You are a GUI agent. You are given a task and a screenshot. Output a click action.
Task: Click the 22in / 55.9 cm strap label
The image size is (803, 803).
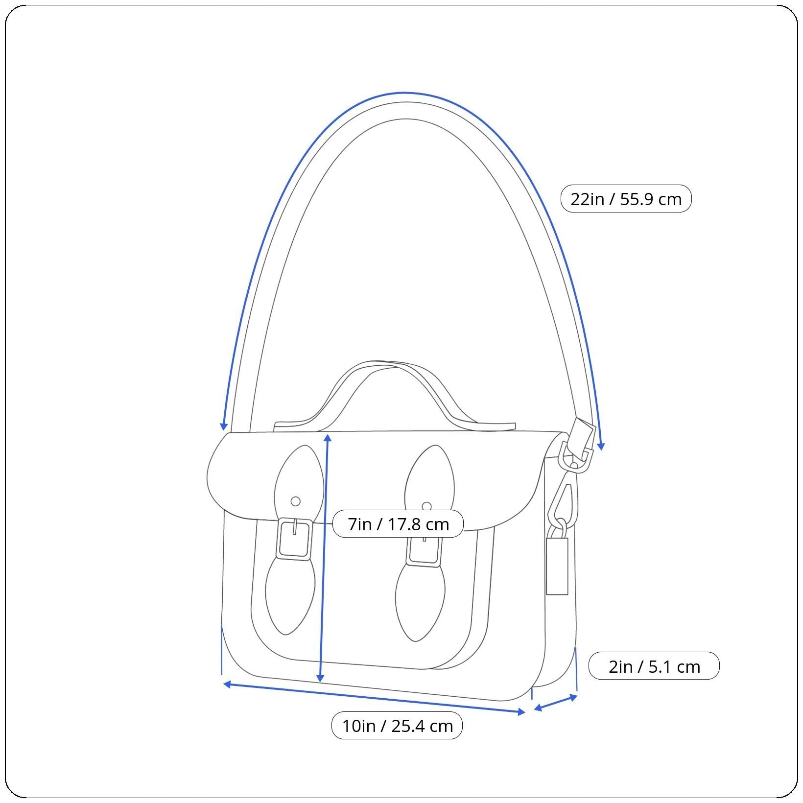point(626,199)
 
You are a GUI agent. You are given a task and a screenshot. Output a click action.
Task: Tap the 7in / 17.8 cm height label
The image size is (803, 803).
point(398,524)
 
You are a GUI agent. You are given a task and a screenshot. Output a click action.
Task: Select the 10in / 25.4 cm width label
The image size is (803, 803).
point(397,726)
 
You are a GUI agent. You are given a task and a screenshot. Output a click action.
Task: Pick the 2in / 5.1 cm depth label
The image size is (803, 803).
point(654,666)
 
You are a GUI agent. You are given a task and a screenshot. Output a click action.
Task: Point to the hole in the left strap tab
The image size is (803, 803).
point(295,501)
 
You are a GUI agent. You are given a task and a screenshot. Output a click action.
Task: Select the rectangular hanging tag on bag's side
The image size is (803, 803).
point(557,566)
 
